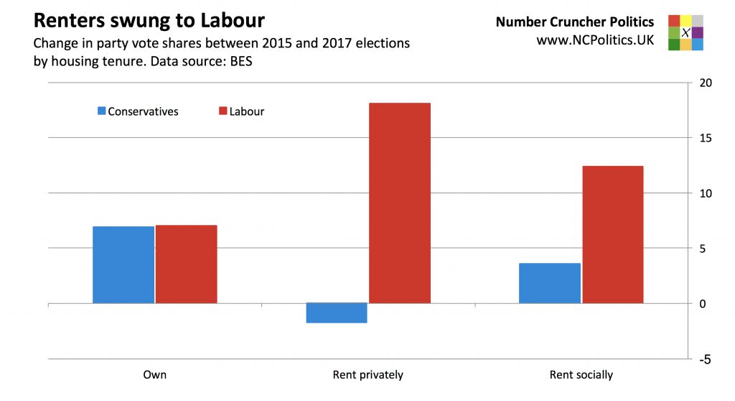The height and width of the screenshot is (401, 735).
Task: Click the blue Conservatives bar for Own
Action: pyautogui.click(x=123, y=264)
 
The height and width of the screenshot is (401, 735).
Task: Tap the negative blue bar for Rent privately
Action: pyautogui.click(x=337, y=313)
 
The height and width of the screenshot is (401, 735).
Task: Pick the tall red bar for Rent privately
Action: pyautogui.click(x=400, y=203)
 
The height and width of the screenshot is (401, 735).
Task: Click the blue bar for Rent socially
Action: pyautogui.click(x=550, y=282)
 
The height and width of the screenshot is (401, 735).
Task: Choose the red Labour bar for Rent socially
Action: pyautogui.click(x=613, y=234)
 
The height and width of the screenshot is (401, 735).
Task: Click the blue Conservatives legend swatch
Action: pyautogui.click(x=102, y=111)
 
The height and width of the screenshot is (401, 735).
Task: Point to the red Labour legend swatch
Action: pyautogui.click(x=223, y=111)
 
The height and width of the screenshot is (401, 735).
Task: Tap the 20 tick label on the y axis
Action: pyautogui.click(x=706, y=83)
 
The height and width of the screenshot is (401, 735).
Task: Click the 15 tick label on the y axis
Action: pyautogui.click(x=706, y=138)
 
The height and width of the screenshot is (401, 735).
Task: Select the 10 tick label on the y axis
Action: pyautogui.click(x=706, y=193)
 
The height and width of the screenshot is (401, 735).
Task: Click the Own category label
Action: pyautogui.click(x=155, y=375)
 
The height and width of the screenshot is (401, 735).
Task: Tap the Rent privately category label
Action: pyautogui.click(x=368, y=375)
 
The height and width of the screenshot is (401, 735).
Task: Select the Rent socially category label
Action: pyautogui.click(x=581, y=375)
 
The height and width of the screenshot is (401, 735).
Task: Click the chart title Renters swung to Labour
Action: pyautogui.click(x=149, y=20)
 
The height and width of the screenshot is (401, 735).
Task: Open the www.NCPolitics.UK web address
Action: pyautogui.click(x=595, y=40)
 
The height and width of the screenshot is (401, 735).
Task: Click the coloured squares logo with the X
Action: pyautogui.click(x=685, y=32)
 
